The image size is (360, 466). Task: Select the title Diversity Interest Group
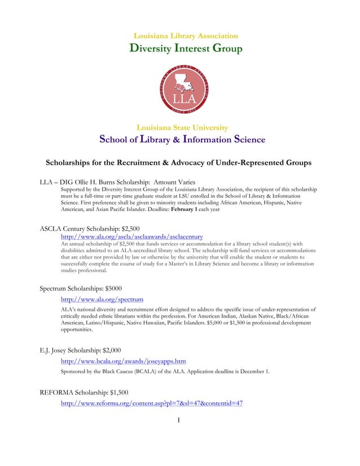point(186,49)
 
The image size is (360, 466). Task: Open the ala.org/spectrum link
point(102,299)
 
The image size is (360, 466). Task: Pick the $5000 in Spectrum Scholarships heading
point(117,288)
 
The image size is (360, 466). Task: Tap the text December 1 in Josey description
point(253,372)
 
